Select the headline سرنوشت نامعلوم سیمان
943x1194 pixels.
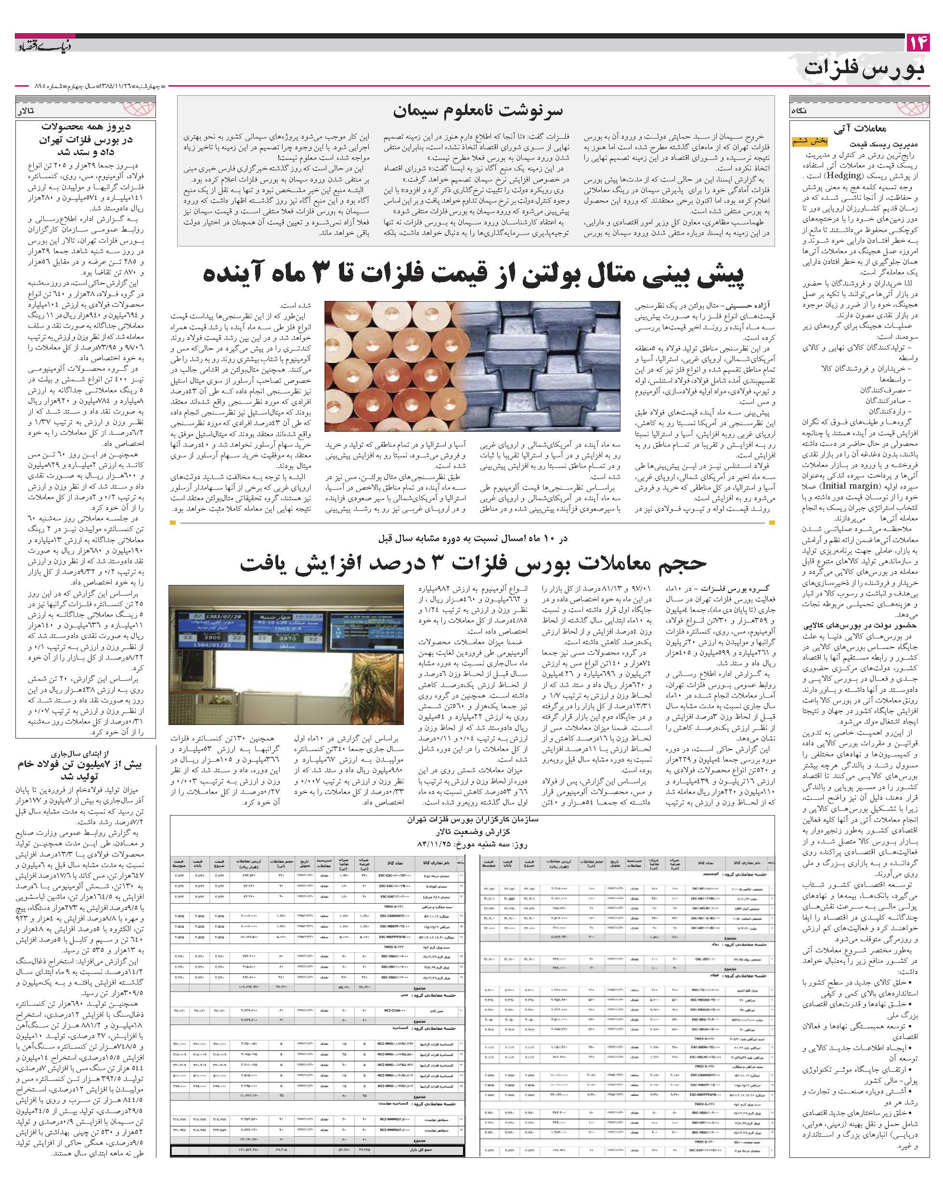(478, 110)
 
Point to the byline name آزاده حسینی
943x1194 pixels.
(745, 305)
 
